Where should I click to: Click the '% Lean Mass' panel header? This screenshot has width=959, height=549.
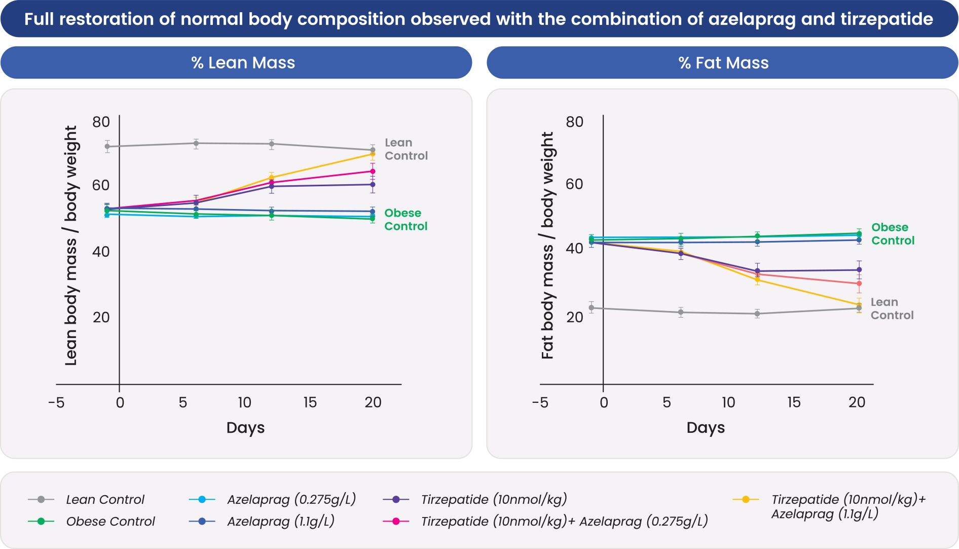[243, 63]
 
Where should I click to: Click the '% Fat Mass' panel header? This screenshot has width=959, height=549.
[723, 63]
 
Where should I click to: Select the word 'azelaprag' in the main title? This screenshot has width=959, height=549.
[751, 19]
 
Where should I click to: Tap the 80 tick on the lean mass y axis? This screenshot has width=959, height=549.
[101, 122]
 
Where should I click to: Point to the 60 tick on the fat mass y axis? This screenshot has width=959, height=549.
[574, 184]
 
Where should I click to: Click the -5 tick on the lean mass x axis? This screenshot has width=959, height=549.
[56, 403]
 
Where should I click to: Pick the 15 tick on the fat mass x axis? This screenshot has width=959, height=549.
[794, 403]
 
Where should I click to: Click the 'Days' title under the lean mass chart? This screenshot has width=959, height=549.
[245, 428]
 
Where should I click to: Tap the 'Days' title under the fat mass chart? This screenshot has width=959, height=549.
[706, 428]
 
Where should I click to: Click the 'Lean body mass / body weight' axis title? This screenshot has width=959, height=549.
[71, 246]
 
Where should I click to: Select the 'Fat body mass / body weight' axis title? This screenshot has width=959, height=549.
[547, 246]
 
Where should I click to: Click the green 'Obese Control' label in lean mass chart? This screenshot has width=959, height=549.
[405, 220]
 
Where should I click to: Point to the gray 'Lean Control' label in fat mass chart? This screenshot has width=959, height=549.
[892, 308]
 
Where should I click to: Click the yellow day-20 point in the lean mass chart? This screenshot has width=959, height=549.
[373, 154]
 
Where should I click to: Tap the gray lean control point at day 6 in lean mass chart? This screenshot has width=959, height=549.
[196, 144]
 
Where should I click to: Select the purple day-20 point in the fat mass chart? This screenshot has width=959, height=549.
[859, 270]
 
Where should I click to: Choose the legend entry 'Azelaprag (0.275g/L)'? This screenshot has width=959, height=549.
[291, 500]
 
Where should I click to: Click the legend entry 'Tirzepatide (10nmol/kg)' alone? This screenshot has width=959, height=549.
[494, 500]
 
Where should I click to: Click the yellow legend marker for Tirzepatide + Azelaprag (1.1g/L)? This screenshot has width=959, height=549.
[746, 500]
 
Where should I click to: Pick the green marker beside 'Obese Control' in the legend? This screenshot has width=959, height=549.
[41, 522]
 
